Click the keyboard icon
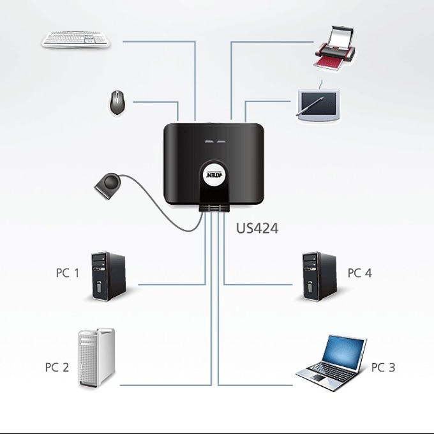coord(75,40)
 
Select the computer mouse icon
coord(117,102)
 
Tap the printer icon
coord(334,48)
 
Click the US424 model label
coord(257,228)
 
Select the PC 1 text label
coord(68,273)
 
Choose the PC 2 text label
coord(57,367)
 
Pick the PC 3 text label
coord(383,368)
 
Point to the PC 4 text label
coord(359,273)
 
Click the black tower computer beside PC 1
coord(108,276)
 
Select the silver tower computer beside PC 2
coord(96,358)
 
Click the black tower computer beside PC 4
coord(319,276)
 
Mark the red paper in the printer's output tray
coord(327,63)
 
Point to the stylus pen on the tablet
coord(310,107)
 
